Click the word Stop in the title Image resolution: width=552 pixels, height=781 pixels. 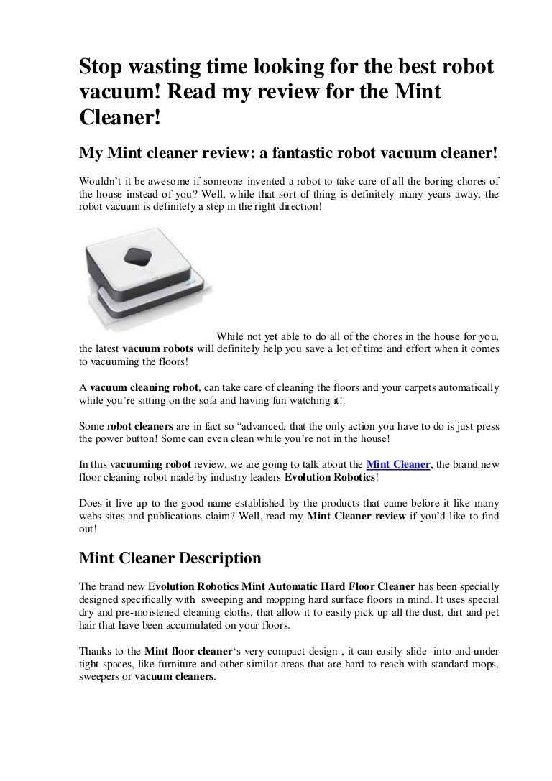[x=101, y=68]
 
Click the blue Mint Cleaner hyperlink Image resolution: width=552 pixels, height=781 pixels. [x=398, y=464]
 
